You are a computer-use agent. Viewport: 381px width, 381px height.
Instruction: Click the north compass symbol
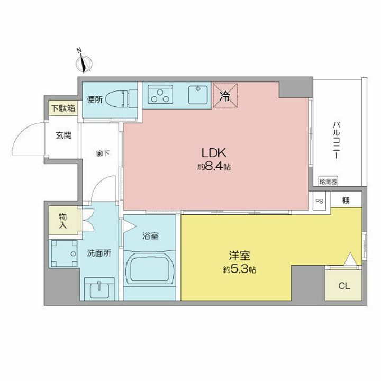pos(83,63)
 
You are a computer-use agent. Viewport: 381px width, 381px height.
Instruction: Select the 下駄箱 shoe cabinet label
pos(63,109)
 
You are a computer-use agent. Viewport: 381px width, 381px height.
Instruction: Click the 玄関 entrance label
pos(64,134)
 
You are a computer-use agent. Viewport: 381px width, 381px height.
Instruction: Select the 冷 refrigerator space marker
pos(225,95)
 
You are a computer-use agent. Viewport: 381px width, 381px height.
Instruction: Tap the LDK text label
pos(214,153)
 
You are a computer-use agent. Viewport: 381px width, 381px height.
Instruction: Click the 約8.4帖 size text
pos(214,167)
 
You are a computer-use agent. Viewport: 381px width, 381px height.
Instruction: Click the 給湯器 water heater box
pos(328,182)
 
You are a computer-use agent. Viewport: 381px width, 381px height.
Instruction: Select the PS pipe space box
pos(319,201)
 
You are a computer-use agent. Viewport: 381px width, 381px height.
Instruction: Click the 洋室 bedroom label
pos(239,256)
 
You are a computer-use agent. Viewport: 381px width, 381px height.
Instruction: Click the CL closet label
pos(343,286)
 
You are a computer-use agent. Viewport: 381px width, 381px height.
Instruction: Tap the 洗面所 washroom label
pos(99,253)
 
